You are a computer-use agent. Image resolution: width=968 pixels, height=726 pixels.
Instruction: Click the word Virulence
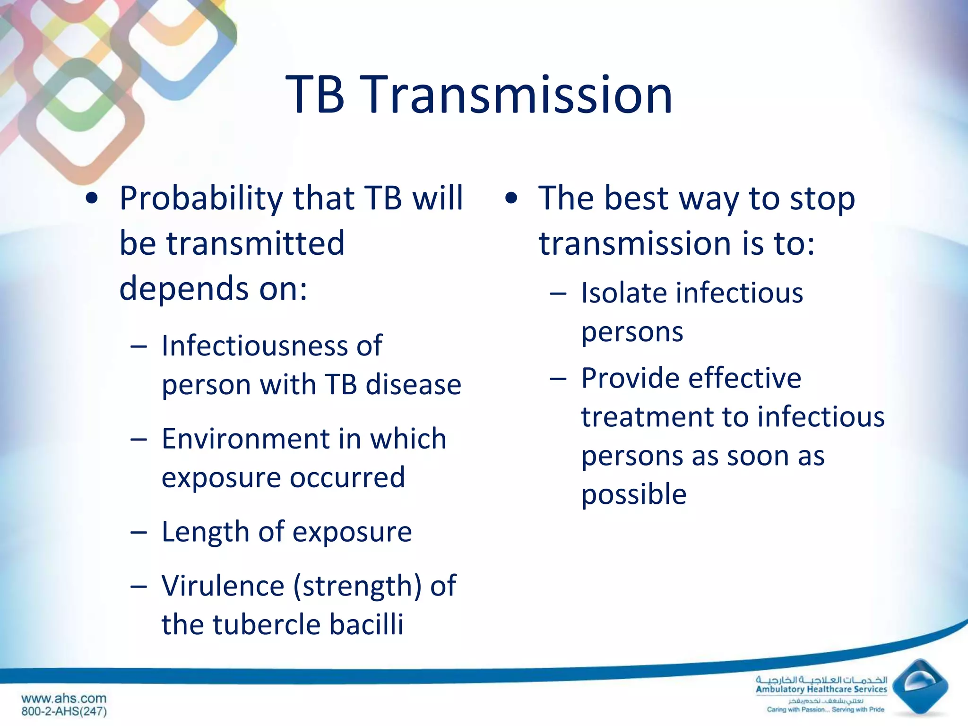pos(223,586)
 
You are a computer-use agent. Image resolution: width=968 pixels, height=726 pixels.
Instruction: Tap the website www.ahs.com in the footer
pos(64,698)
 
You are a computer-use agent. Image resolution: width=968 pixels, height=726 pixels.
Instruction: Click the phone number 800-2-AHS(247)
pos(64,711)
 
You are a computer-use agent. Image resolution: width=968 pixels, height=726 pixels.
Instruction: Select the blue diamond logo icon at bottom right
pos(919,686)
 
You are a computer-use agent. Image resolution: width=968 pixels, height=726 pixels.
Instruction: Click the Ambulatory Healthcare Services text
pos(821,689)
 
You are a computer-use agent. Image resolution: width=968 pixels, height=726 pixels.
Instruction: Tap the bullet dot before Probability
pos(92,199)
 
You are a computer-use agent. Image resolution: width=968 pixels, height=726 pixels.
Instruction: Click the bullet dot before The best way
pos(511,199)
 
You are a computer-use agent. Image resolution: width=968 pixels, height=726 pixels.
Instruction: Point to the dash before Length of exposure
pos(138,533)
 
